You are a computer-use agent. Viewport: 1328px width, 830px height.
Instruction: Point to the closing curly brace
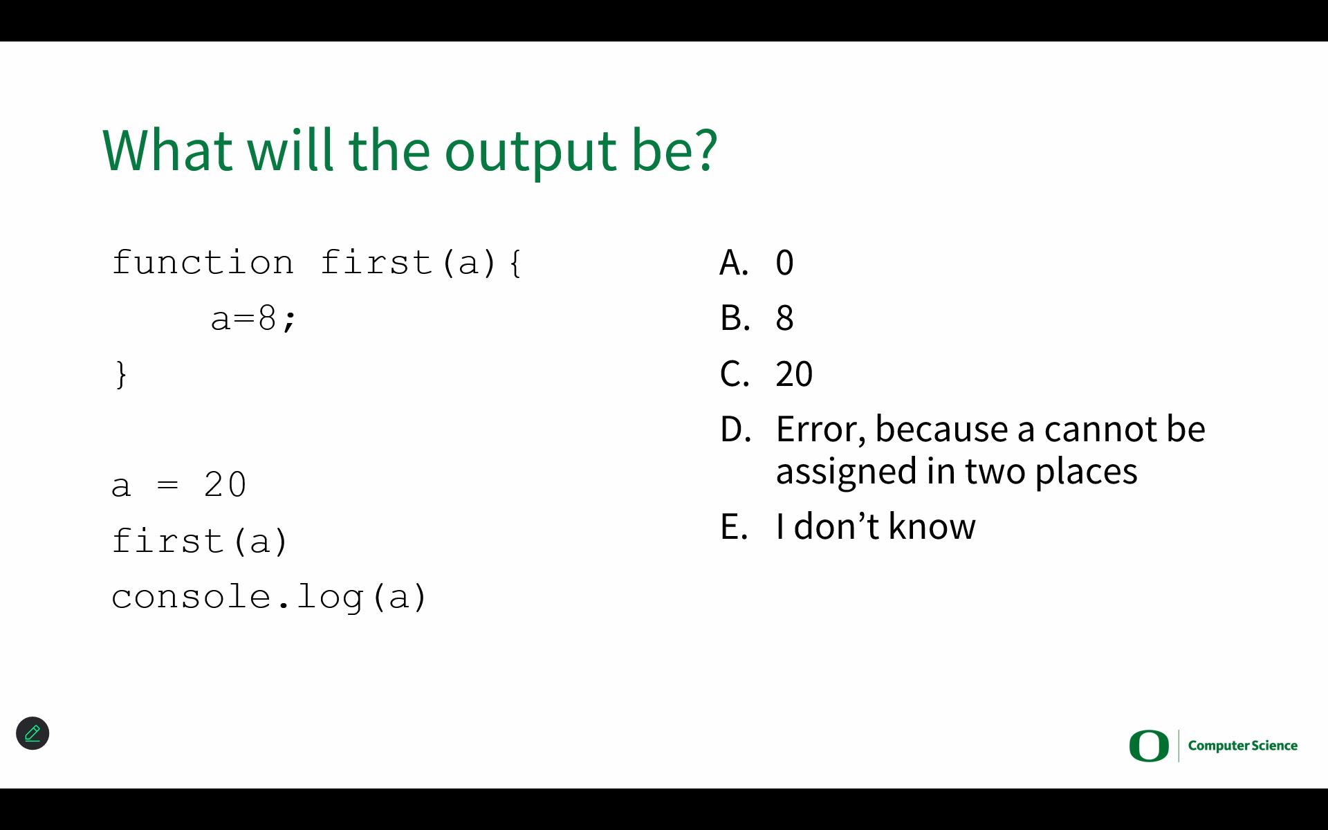tap(122, 375)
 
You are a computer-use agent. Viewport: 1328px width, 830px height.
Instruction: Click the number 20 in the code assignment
tap(225, 485)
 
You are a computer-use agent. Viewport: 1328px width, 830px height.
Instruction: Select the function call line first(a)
tap(200, 541)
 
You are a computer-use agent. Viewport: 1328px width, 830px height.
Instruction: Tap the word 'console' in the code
tap(191, 597)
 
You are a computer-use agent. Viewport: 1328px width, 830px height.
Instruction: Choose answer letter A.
tap(734, 263)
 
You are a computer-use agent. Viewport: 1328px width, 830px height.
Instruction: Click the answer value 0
tap(784, 263)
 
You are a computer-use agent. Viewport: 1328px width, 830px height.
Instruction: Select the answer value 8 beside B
tap(784, 318)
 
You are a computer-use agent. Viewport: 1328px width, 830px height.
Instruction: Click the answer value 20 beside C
tap(794, 374)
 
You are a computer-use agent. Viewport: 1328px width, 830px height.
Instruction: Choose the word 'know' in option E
tap(932, 526)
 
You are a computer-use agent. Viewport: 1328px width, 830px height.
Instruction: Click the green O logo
tap(1149, 746)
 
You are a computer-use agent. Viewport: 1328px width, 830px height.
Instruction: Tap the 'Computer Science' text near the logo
tap(1243, 746)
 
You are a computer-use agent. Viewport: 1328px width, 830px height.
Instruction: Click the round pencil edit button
tap(33, 733)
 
